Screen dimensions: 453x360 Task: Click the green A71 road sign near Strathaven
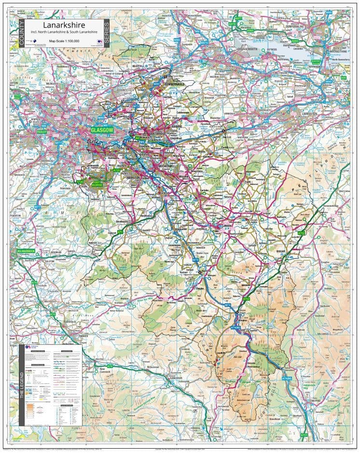[120, 233]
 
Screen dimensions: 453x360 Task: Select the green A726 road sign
[80, 182]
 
